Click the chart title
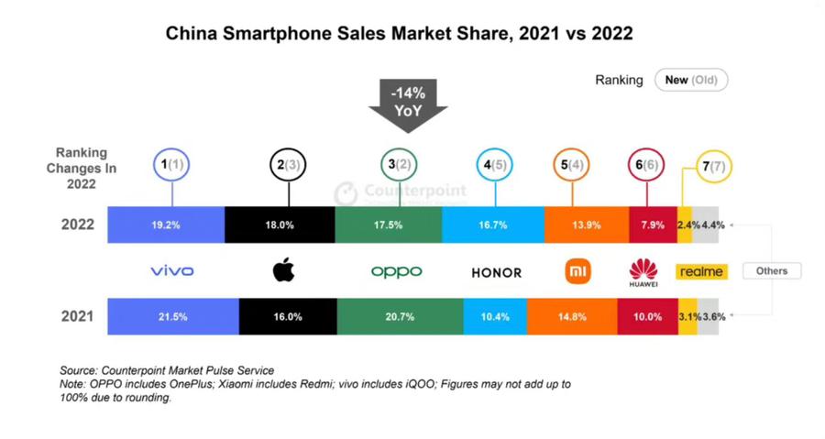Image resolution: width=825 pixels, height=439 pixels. click(399, 34)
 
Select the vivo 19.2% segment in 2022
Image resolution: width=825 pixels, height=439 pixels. click(166, 225)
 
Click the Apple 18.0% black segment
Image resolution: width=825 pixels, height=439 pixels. click(280, 225)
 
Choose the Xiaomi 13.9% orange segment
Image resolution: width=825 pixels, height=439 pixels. click(586, 225)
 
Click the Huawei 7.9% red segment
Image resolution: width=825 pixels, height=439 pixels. click(653, 225)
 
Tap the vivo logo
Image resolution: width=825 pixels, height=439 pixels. click(172, 271)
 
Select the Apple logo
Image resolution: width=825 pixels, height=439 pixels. click(284, 270)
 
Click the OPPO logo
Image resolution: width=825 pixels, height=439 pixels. click(396, 271)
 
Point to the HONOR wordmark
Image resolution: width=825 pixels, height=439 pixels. click(496, 272)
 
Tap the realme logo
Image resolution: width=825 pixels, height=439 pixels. click(700, 271)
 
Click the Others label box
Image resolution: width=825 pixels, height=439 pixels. click(771, 270)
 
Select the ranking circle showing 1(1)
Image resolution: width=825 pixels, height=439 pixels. click(174, 166)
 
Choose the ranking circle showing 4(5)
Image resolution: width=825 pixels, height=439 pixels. click(496, 166)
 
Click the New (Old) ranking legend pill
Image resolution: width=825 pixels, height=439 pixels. click(690, 80)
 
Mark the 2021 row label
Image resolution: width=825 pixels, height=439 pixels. click(77, 316)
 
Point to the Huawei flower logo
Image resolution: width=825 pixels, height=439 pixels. click(643, 269)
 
